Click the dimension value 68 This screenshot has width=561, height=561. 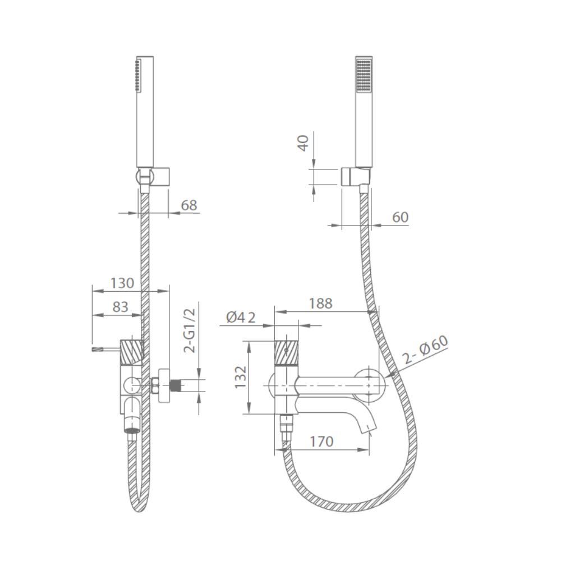(189, 205)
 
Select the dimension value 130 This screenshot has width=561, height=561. (122, 283)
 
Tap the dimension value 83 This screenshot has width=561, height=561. (120, 307)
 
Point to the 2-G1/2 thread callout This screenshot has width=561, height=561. (190, 331)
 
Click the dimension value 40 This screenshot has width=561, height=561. (304, 143)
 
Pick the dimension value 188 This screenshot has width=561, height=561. (320, 304)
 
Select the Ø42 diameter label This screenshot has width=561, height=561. (241, 318)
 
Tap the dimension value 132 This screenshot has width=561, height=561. (241, 377)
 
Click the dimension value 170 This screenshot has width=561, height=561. (321, 442)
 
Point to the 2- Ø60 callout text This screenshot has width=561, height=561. (425, 350)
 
